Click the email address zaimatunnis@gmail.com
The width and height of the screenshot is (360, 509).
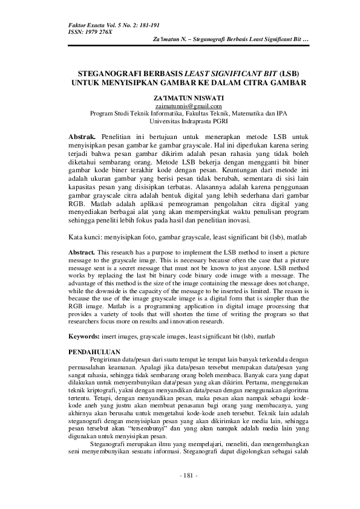coord(180,105)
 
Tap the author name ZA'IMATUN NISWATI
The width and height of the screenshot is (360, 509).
coord(180,97)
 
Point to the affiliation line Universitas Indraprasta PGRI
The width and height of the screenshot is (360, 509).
coord(180,120)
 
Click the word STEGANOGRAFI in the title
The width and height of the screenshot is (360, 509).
coord(108,71)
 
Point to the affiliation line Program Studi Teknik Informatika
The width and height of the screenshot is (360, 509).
coord(180,112)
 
